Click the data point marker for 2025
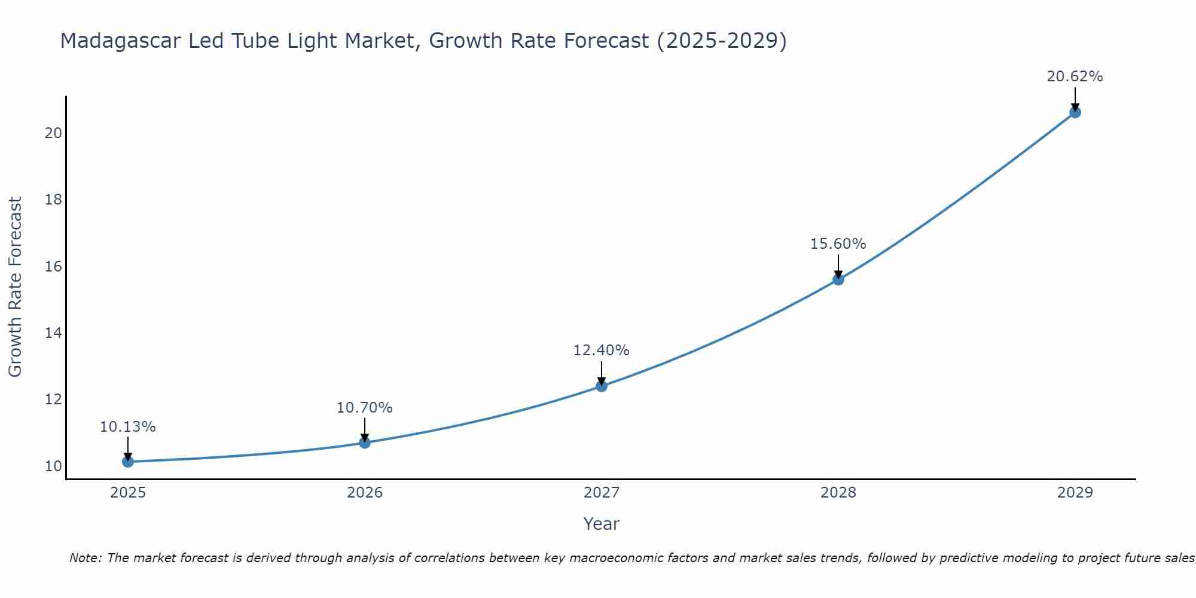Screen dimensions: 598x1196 click(127, 462)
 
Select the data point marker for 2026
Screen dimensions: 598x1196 click(364, 443)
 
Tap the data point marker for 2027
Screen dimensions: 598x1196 click(601, 386)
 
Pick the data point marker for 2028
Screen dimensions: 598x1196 click(838, 279)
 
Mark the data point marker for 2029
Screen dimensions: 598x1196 click(1075, 112)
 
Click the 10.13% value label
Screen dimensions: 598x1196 click(127, 427)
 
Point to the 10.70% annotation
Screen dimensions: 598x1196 click(364, 408)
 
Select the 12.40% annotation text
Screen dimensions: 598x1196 click(601, 350)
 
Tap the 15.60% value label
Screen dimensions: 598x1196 click(838, 244)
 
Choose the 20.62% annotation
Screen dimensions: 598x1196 click(1075, 77)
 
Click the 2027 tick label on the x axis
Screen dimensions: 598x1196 click(601, 493)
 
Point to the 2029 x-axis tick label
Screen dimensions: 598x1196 click(1075, 493)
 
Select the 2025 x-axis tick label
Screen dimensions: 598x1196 click(127, 493)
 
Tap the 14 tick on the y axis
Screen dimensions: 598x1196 click(53, 333)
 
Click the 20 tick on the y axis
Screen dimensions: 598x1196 click(53, 133)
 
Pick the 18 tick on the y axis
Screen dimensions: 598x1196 click(53, 200)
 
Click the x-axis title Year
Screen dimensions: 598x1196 click(601, 524)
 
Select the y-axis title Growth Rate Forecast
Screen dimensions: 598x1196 click(15, 287)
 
